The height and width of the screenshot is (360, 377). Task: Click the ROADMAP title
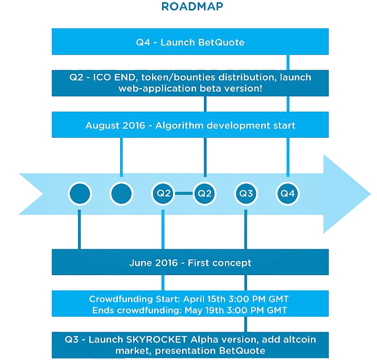(192, 6)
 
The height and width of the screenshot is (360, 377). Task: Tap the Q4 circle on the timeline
(287, 193)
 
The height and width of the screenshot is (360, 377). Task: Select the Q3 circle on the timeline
(246, 193)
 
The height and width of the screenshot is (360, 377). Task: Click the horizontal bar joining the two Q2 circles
(184, 193)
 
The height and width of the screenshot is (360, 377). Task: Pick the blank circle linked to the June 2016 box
(80, 194)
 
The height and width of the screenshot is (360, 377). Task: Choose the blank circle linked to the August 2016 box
(122, 194)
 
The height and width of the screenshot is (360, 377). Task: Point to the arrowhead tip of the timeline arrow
(371, 194)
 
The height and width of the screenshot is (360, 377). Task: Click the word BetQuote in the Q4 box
(221, 42)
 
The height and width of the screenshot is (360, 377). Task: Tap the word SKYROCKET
(157, 340)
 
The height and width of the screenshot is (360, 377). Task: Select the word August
(103, 126)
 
